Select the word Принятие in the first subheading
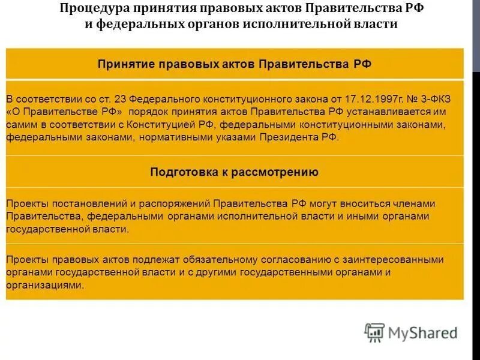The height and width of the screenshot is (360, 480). click(124, 64)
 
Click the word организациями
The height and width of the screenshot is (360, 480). click(45, 286)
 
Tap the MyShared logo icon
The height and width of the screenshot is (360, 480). click(374, 332)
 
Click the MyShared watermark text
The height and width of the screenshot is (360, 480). click(423, 333)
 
